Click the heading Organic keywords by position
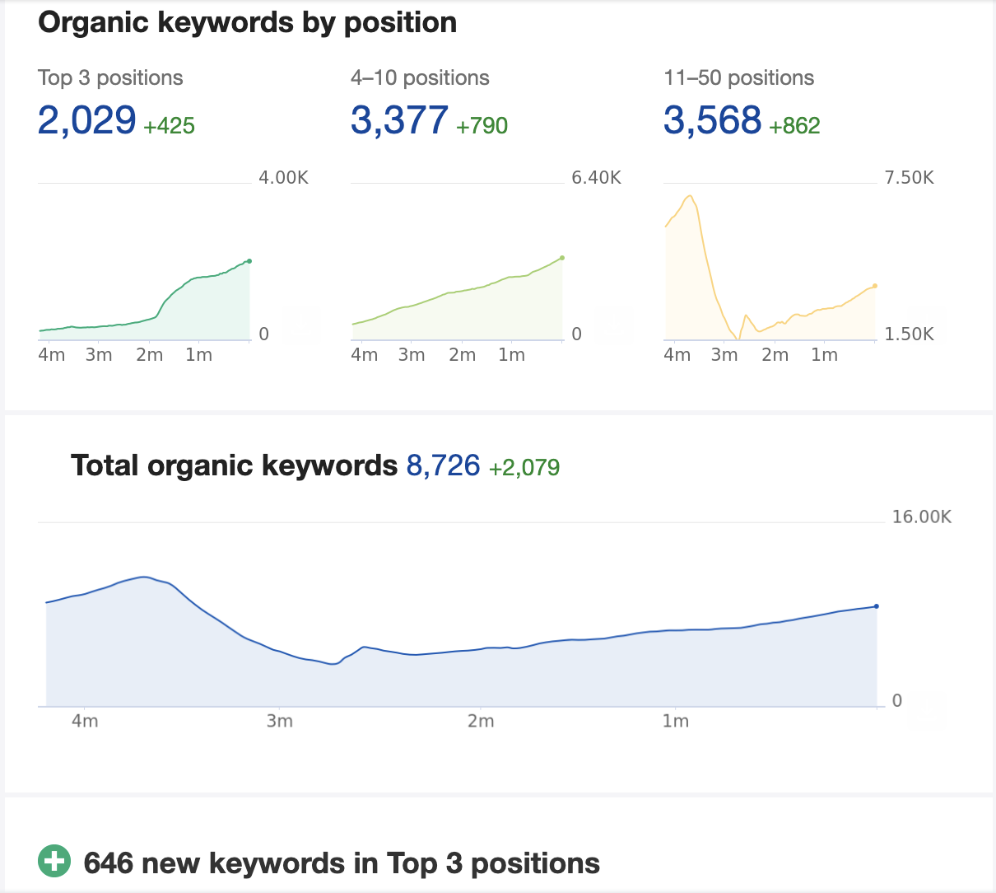(247, 22)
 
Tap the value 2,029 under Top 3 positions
(86, 120)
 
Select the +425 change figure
(169, 126)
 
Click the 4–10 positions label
(420, 78)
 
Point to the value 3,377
(399, 120)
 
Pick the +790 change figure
(482, 126)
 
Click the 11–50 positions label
(738, 78)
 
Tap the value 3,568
(712, 120)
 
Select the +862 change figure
(794, 126)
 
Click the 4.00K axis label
(283, 178)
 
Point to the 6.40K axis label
(596, 178)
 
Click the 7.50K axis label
(909, 178)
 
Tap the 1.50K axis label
(909, 334)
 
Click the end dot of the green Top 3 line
(249, 261)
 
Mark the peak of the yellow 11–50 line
(690, 196)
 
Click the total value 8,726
(443, 465)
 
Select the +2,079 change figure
(524, 468)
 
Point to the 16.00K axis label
(921, 517)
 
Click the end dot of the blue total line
(876, 606)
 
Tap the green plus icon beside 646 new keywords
(54, 862)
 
